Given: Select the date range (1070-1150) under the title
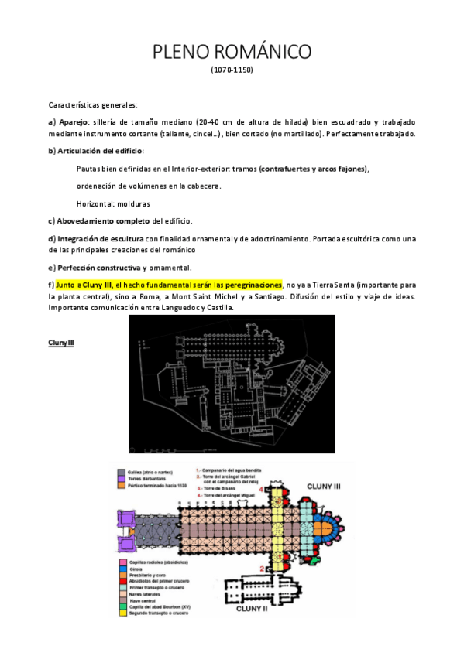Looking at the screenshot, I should coord(232,70).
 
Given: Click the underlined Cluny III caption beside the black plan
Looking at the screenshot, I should coord(61,342).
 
